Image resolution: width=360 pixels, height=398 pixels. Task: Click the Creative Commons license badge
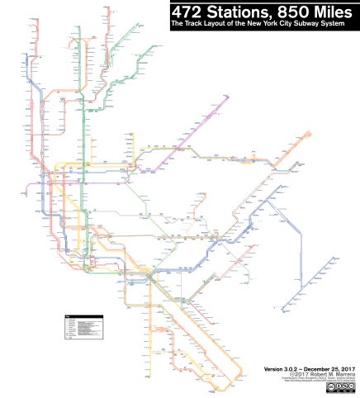click(339, 386)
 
